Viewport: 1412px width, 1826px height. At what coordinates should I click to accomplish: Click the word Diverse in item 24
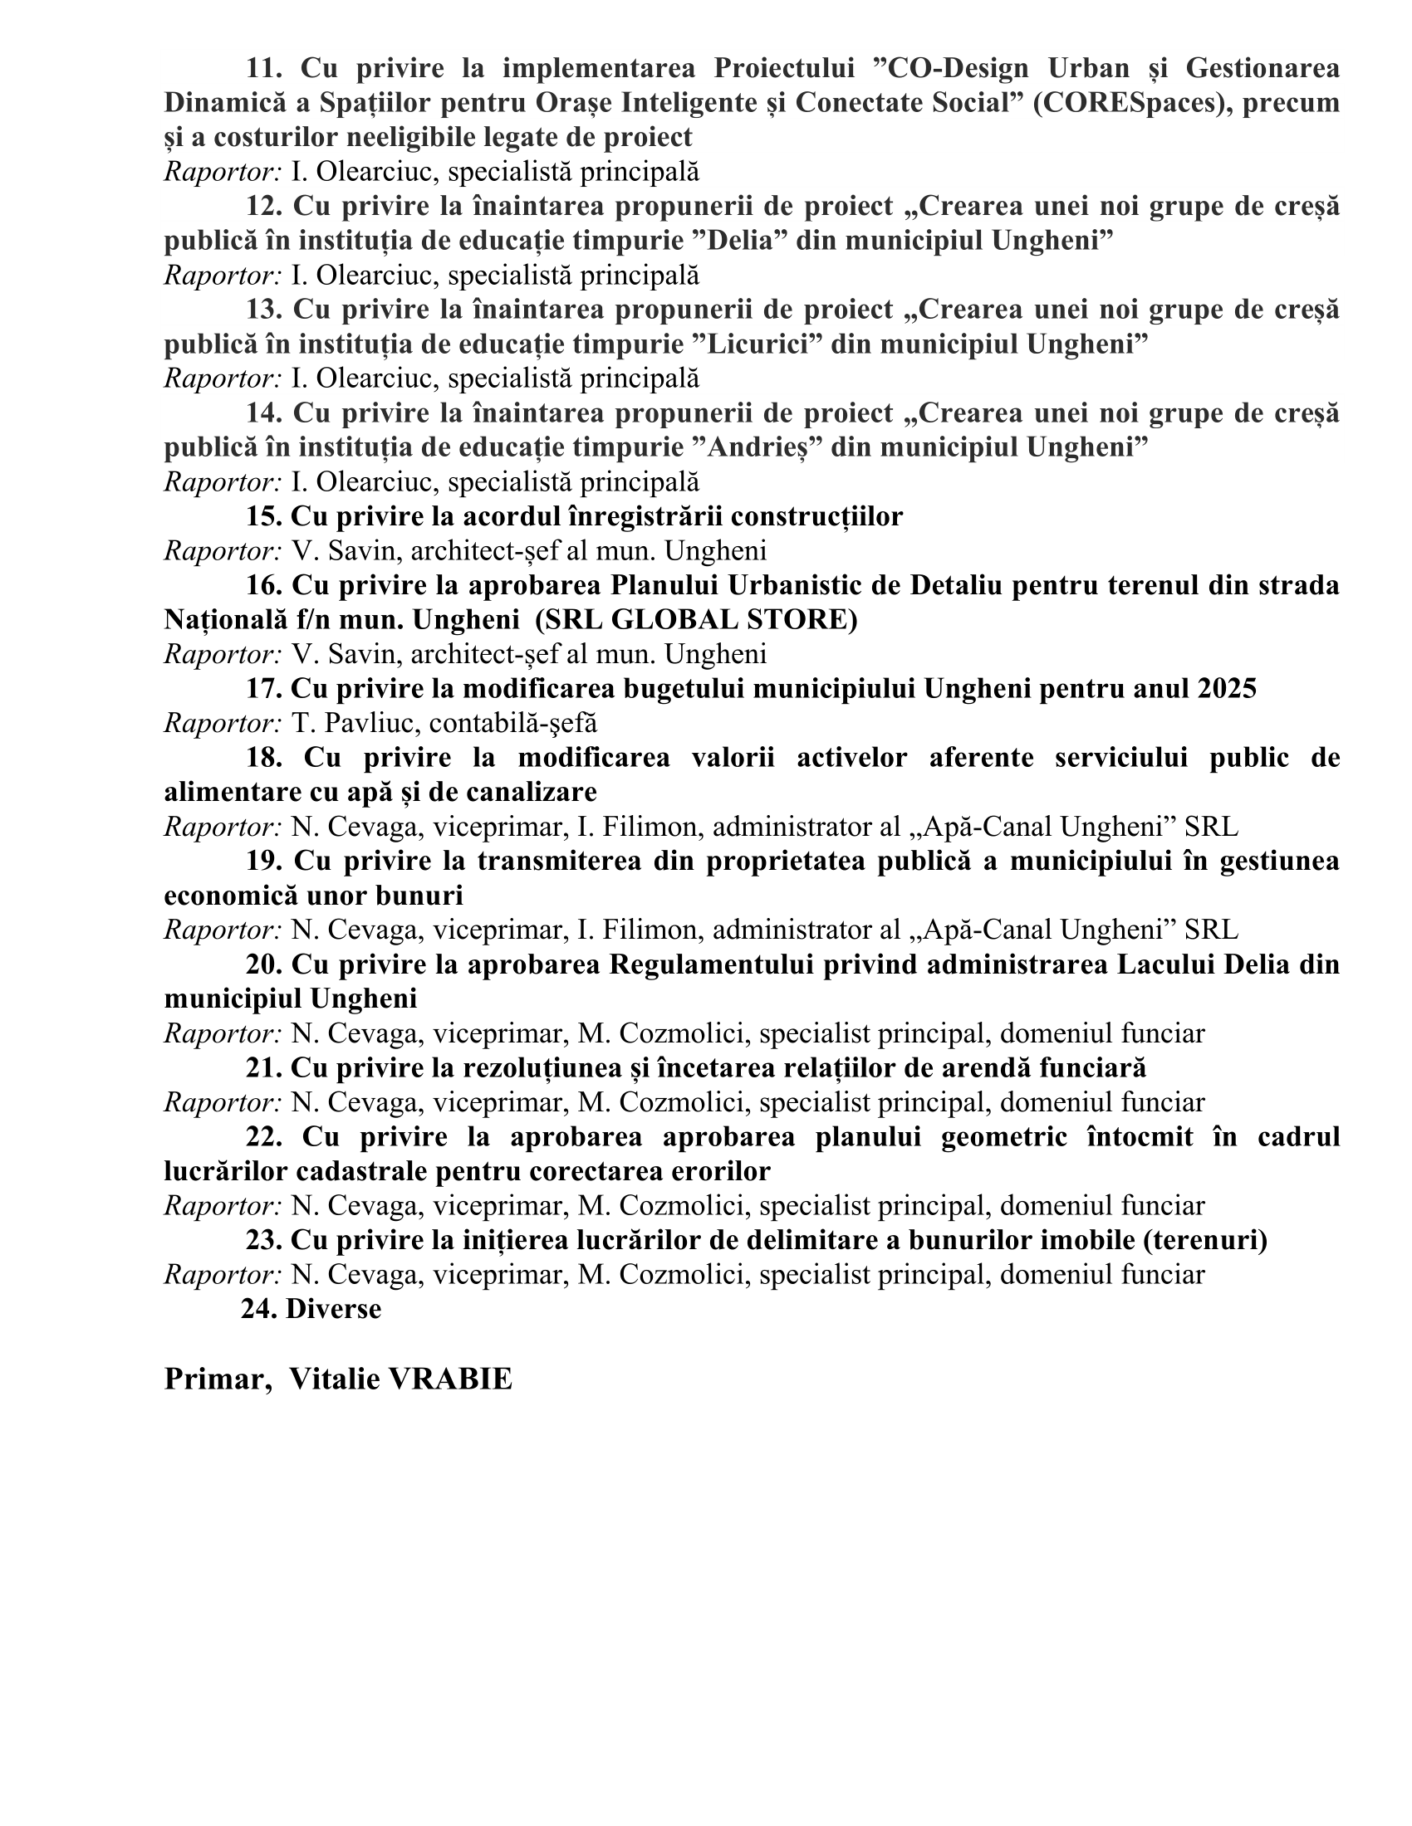pos(333,1308)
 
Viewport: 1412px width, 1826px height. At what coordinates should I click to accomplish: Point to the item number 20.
pos(263,964)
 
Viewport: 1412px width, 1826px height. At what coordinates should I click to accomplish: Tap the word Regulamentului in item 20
pos(711,964)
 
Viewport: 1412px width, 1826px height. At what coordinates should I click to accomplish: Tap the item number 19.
pos(263,861)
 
